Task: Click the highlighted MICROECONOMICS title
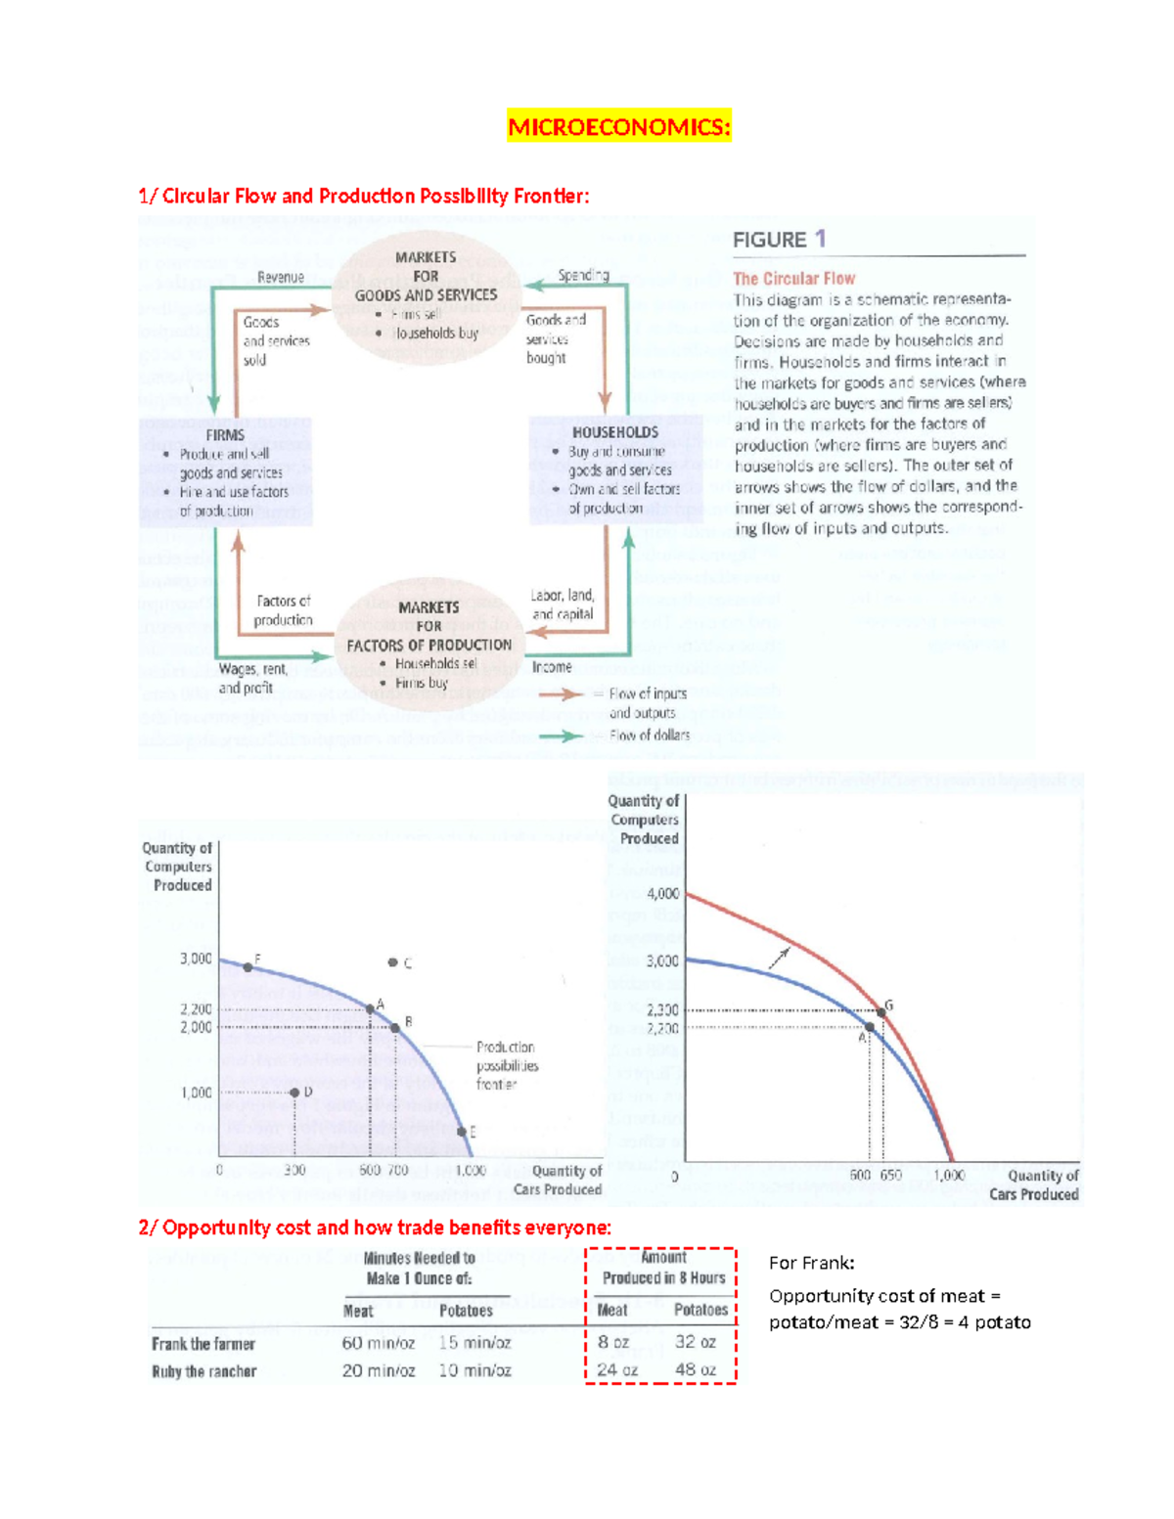coord(618,127)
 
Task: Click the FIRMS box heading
coord(225,435)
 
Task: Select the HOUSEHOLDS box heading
coord(614,432)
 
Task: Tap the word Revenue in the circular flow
coord(281,278)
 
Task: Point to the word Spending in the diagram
coord(583,276)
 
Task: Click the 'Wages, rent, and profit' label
coord(252,679)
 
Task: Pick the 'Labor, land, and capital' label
coord(563,604)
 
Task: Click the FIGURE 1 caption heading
coord(780,240)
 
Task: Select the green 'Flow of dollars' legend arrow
coord(561,736)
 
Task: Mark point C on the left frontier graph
coord(392,962)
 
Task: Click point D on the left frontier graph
coord(294,1093)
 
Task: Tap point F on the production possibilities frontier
coord(248,966)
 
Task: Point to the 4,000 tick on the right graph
coord(662,894)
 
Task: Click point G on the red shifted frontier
coord(881,1012)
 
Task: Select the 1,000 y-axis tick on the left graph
coord(196,1093)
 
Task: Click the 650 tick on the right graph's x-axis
coord(890,1176)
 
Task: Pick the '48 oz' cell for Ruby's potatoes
coord(696,1370)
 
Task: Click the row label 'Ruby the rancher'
coord(203,1371)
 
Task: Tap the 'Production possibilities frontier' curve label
coord(507,1066)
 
